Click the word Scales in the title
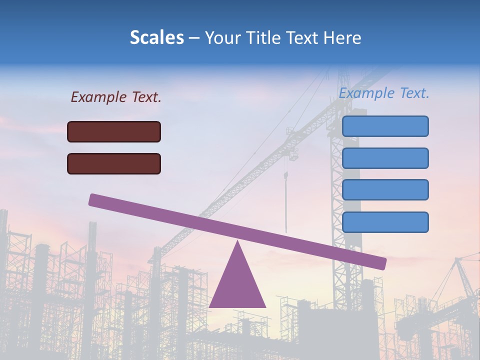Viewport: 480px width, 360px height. point(157,38)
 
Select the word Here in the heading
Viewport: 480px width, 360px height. point(341,38)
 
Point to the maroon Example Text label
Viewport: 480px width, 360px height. point(116,97)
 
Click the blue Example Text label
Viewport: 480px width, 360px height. point(384,93)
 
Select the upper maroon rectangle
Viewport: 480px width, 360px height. point(114,131)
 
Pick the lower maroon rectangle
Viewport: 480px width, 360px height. point(114,163)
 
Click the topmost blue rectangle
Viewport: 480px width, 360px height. point(385,126)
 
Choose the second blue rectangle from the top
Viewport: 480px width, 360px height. point(385,158)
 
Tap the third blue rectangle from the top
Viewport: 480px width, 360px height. point(385,190)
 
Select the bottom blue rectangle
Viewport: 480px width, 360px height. point(385,222)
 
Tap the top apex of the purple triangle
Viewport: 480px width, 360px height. point(237,242)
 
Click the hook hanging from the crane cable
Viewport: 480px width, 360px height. point(286,175)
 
